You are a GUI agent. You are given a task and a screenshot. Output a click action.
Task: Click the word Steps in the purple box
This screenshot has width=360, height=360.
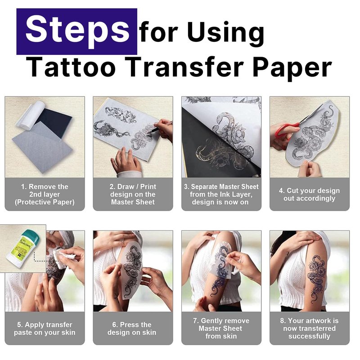click(x=77, y=31)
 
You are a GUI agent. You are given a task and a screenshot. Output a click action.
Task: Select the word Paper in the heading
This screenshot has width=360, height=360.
click(x=292, y=68)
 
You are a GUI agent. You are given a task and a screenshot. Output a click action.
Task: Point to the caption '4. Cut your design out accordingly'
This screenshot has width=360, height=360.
click(x=309, y=194)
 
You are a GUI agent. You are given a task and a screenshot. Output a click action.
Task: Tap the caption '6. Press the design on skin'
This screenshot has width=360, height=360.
click(x=132, y=328)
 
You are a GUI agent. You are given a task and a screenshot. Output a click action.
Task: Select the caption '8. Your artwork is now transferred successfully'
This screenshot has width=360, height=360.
click(x=309, y=328)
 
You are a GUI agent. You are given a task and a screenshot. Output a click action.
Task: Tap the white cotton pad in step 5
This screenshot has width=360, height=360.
click(x=63, y=256)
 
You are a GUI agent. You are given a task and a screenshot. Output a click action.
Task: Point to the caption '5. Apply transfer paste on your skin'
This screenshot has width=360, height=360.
click(x=45, y=328)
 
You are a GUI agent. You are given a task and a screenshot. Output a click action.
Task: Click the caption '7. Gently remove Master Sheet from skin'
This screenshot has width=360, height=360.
click(x=221, y=328)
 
